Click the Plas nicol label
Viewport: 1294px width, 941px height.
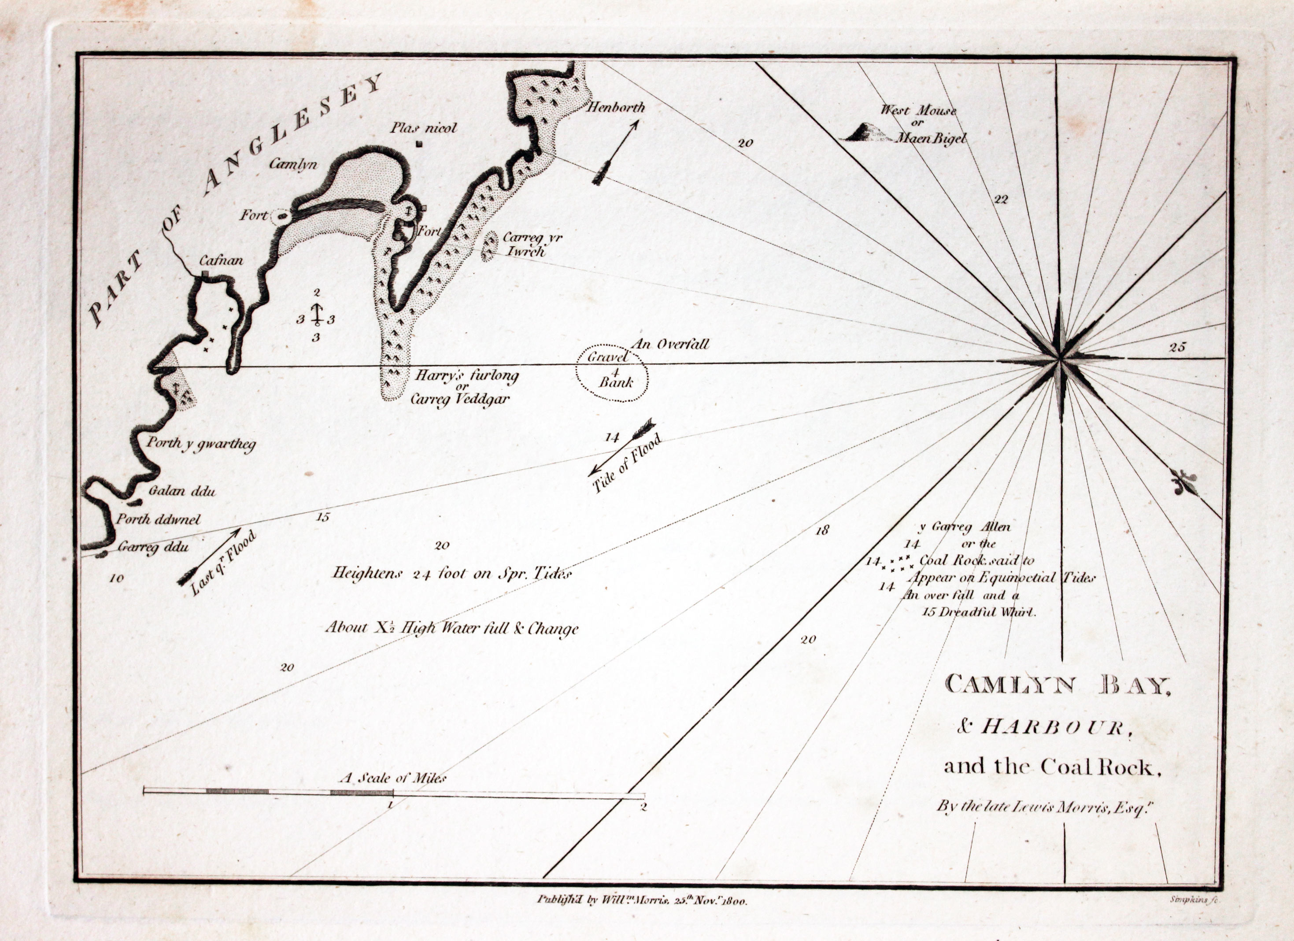tap(423, 128)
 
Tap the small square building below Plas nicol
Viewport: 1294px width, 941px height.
tap(420, 144)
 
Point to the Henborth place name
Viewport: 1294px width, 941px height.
tap(616, 107)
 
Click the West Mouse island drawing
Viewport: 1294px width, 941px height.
tap(865, 133)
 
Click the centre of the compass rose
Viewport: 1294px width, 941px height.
tap(1060, 359)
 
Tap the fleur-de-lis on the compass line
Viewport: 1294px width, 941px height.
tap(1184, 482)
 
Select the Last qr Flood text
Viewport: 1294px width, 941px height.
tap(224, 563)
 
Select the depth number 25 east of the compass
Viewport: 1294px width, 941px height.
tap(1177, 347)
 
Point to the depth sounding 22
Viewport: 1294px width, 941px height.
tap(1001, 199)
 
